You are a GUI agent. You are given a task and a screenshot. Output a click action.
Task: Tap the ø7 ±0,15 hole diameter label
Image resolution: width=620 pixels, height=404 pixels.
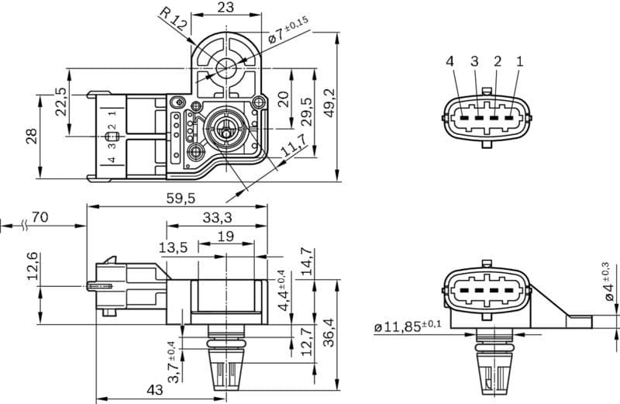[288, 32]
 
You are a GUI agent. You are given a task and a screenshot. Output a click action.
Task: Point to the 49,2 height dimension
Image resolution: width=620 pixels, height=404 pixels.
[329, 103]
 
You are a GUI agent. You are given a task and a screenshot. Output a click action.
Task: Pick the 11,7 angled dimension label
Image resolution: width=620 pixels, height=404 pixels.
[293, 146]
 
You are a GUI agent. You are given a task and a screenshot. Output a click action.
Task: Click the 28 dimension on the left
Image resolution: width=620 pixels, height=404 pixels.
[31, 136]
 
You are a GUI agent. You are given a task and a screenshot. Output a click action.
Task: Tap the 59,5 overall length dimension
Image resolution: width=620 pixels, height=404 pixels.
[180, 199]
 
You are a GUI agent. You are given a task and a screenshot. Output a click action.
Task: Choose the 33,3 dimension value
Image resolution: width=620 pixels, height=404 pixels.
[217, 219]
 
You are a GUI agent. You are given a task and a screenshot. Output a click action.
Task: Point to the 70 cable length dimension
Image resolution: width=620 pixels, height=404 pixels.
[40, 217]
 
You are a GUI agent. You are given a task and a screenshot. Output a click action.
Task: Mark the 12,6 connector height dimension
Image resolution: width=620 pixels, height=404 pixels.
[33, 267]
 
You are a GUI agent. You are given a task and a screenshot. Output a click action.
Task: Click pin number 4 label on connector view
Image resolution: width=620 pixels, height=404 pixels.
[450, 61]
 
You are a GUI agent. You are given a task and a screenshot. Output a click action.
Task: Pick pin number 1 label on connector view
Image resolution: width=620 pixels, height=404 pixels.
[519, 61]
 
